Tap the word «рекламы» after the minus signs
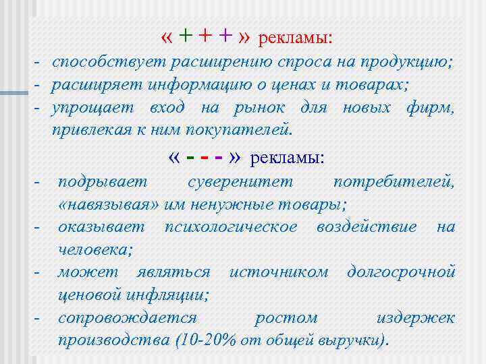[287, 158]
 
